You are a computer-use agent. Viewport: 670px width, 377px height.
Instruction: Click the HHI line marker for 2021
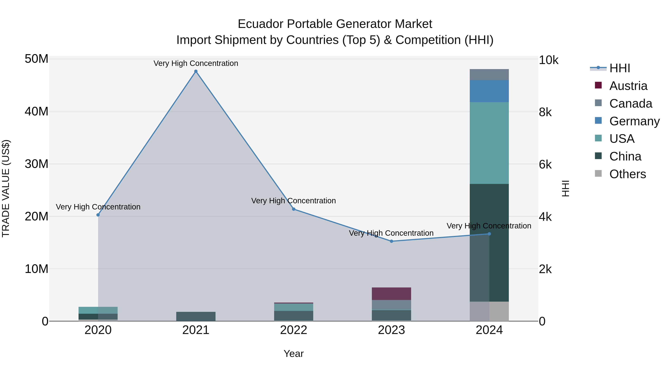click(x=196, y=71)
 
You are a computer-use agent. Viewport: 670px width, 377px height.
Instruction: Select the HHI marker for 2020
click(x=98, y=215)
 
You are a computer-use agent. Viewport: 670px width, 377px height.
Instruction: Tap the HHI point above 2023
click(x=391, y=241)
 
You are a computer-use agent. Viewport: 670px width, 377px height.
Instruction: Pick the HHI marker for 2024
click(x=489, y=234)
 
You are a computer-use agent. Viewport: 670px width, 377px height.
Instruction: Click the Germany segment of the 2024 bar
click(x=489, y=91)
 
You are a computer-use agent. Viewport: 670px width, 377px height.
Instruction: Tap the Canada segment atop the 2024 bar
click(x=489, y=75)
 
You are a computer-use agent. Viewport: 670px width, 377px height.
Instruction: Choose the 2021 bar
click(x=196, y=316)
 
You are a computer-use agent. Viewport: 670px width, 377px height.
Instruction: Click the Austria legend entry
click(x=628, y=86)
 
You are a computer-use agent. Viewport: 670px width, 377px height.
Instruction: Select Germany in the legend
click(x=634, y=121)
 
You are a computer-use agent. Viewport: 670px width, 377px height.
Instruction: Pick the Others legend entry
click(x=627, y=174)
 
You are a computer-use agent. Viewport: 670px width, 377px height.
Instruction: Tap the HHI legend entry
click(x=620, y=68)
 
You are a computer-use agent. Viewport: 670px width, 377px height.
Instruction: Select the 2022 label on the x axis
click(x=294, y=330)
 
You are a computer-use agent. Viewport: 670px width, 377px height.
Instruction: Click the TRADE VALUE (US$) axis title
click(x=6, y=188)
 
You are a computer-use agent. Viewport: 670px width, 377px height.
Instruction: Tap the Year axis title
click(x=294, y=354)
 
